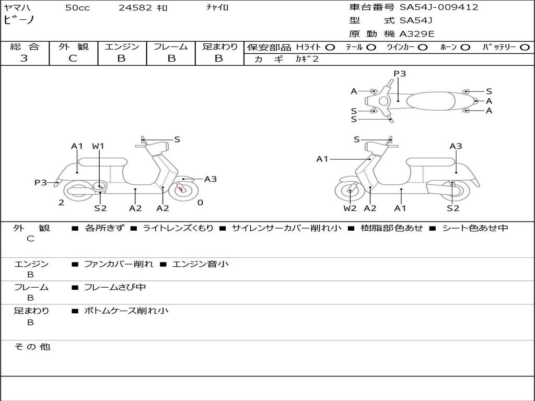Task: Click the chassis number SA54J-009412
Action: (439, 7)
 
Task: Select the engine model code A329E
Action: (416, 34)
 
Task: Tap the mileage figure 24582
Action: (135, 7)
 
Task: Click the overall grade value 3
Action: (24, 58)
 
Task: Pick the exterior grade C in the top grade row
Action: (73, 58)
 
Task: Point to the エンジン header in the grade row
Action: (122, 46)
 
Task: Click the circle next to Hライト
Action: (330, 48)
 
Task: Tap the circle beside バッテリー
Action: (525, 48)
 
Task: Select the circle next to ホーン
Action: (465, 48)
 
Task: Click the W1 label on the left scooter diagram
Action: (98, 146)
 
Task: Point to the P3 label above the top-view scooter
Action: (400, 74)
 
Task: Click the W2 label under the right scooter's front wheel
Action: (350, 208)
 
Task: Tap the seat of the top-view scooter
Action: (431, 101)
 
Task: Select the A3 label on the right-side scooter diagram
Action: (456, 146)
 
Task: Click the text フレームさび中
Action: (115, 287)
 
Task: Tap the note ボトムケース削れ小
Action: (126, 311)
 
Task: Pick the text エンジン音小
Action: (200, 264)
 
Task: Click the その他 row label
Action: (32, 347)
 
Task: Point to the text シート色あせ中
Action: (475, 228)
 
